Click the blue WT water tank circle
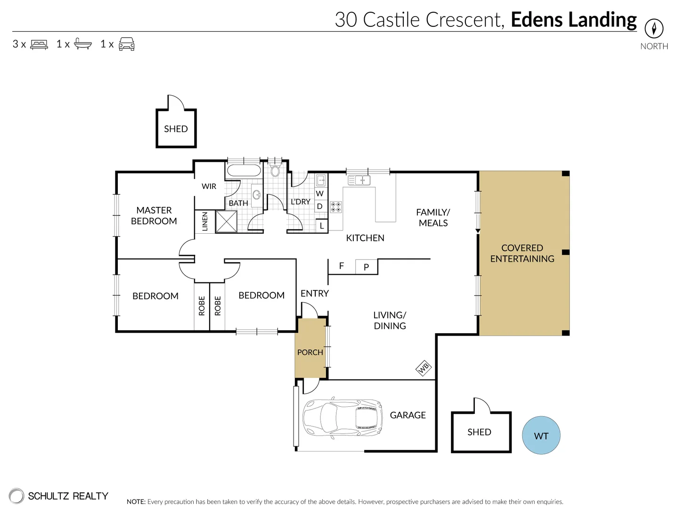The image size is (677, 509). point(541,435)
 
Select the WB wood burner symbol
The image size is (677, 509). point(424,368)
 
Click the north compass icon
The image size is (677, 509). point(653,28)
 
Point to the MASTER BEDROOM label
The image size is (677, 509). point(154,216)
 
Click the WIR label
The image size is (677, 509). point(209,187)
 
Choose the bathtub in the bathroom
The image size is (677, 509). point(243,171)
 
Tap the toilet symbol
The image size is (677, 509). point(276,170)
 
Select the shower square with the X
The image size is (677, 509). point(226,222)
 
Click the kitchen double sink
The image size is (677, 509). point(359,180)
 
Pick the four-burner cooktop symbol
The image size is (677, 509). point(336,207)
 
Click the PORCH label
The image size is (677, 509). point(310,353)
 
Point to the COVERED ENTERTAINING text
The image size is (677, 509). point(522,253)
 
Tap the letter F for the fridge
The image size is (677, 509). point(342,266)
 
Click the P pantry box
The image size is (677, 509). point(366,267)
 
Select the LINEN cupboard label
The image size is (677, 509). point(205,222)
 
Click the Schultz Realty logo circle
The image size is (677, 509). point(16,496)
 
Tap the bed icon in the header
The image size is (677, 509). point(39,44)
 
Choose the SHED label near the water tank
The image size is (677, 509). point(479,432)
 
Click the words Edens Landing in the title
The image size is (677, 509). point(573,20)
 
